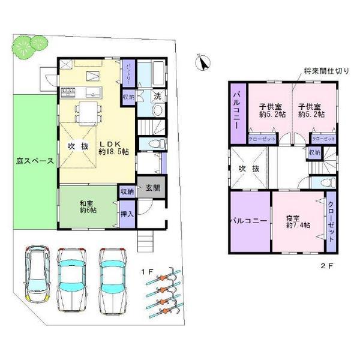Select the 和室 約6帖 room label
click(x=88, y=207)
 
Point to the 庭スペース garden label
click(x=35, y=161)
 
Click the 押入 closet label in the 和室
click(x=127, y=215)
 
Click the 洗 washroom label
click(x=157, y=96)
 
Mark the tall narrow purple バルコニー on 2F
click(x=236, y=112)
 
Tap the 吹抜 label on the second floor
click(x=248, y=169)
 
